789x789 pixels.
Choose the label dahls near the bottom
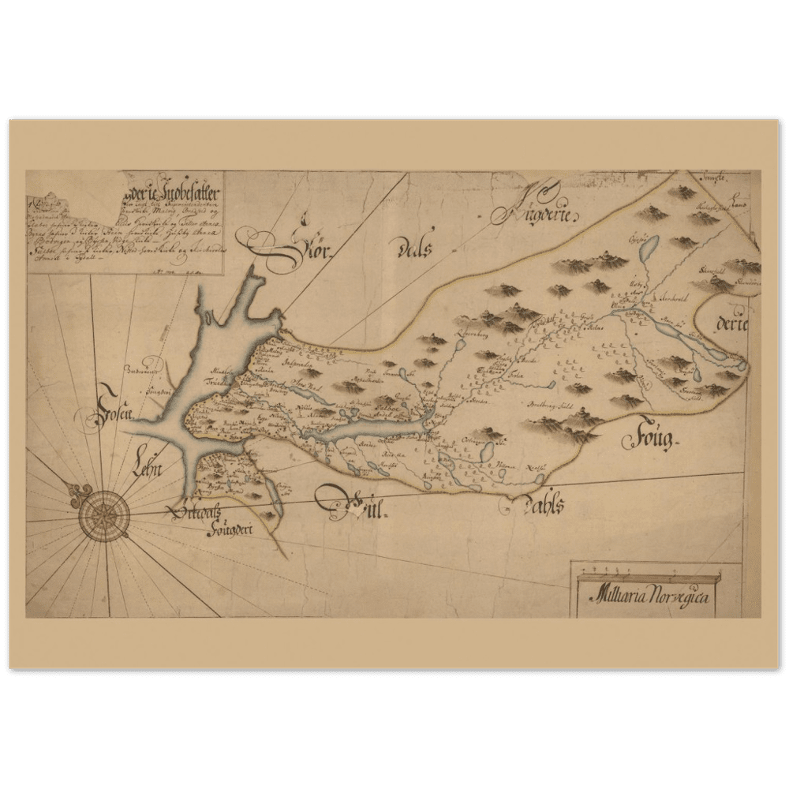point(540,507)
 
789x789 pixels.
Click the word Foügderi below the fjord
point(223,531)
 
